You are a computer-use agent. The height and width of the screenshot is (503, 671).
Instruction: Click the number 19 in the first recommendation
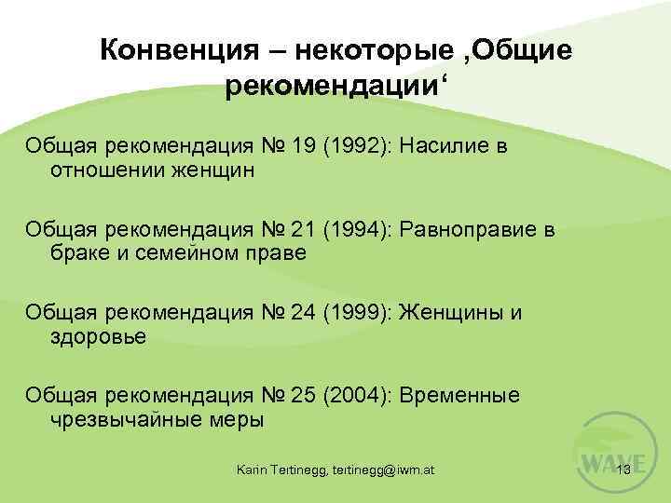tap(301, 146)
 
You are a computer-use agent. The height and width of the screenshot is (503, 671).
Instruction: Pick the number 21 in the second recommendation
tap(301, 229)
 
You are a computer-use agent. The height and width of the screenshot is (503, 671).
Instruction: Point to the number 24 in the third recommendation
tap(301, 312)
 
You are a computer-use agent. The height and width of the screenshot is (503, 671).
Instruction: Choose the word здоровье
tap(98, 335)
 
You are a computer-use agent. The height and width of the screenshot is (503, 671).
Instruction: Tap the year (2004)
tap(356, 395)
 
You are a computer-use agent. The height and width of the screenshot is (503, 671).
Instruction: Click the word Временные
tap(459, 395)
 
